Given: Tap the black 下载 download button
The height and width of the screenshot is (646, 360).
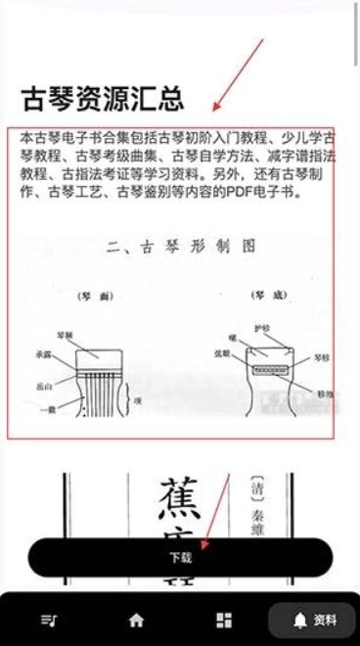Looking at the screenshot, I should (180, 558).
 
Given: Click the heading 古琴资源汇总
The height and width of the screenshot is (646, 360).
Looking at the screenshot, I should (102, 98).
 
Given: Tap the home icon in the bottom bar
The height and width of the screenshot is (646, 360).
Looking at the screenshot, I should (136, 620).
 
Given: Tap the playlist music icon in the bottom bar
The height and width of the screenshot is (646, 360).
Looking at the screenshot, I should (47, 620).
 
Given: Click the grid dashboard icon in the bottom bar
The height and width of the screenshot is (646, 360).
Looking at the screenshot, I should (224, 620).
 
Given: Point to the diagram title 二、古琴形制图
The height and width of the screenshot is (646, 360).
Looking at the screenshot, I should (180, 247).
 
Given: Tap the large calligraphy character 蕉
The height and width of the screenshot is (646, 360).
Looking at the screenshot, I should (179, 497).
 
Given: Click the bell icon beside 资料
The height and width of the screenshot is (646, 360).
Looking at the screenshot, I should (297, 620).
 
